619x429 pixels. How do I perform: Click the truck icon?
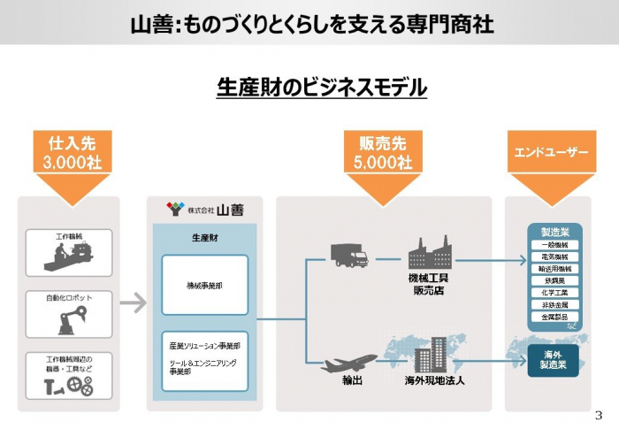click(x=348, y=256)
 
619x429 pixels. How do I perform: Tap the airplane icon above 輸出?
click(x=351, y=361)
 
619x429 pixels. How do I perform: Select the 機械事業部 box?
click(x=205, y=285)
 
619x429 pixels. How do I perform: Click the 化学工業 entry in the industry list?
click(x=554, y=291)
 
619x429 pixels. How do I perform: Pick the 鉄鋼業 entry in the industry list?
click(x=554, y=280)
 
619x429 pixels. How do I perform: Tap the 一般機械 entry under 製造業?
click(x=554, y=244)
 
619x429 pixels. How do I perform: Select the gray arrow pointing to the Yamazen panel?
click(x=133, y=303)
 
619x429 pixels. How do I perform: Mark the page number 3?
click(x=600, y=416)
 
